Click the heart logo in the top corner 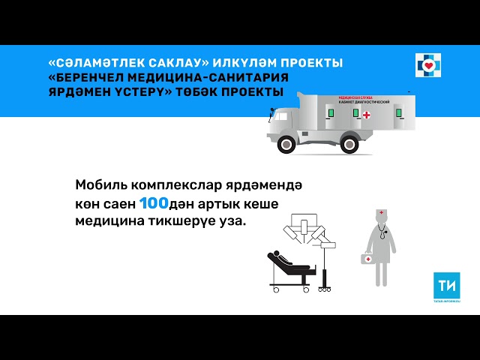pyautogui.click(x=430, y=65)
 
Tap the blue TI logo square pyautogui.click(x=447, y=286)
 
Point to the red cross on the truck pyautogui.click(x=367, y=115)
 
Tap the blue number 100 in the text pyautogui.click(x=154, y=202)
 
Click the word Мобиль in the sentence pyautogui.click(x=100, y=185)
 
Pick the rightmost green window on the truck pyautogui.click(x=399, y=112)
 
